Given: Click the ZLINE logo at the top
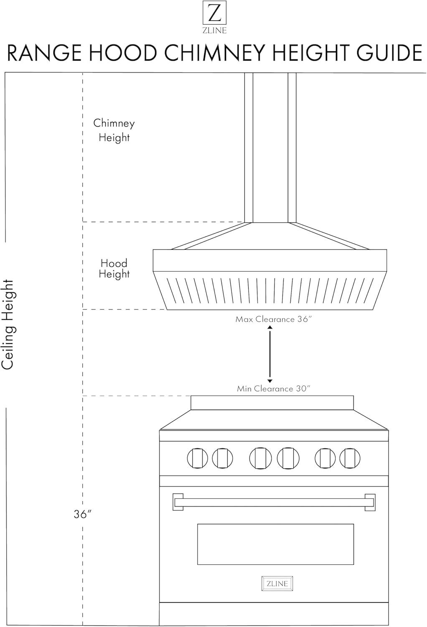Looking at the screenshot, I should tap(214, 17).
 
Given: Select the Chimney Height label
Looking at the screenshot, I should tap(114, 130).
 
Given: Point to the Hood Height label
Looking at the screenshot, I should tap(114, 269).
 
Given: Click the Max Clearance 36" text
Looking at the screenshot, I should tap(274, 319).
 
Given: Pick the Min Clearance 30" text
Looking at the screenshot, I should tap(274, 389).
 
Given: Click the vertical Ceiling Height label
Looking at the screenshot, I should tap(8, 325).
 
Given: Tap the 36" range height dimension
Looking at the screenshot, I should tap(82, 515).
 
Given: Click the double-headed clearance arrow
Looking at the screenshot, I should tap(270, 354).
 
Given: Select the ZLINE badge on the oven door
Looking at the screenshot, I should tap(277, 584).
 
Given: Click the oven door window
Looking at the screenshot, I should tap(275, 544).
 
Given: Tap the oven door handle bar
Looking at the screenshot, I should tap(274, 502).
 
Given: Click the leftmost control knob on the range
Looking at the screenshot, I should tap(197, 458).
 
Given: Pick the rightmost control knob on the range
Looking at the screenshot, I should tap(350, 458).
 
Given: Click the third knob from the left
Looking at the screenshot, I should tap(260, 458).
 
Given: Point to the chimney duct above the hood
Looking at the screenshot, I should tap(270, 146).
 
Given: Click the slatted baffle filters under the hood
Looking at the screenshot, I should tap(269, 291).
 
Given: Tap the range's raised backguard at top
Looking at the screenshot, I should tap(272, 403).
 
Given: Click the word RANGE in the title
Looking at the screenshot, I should tap(44, 53).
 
